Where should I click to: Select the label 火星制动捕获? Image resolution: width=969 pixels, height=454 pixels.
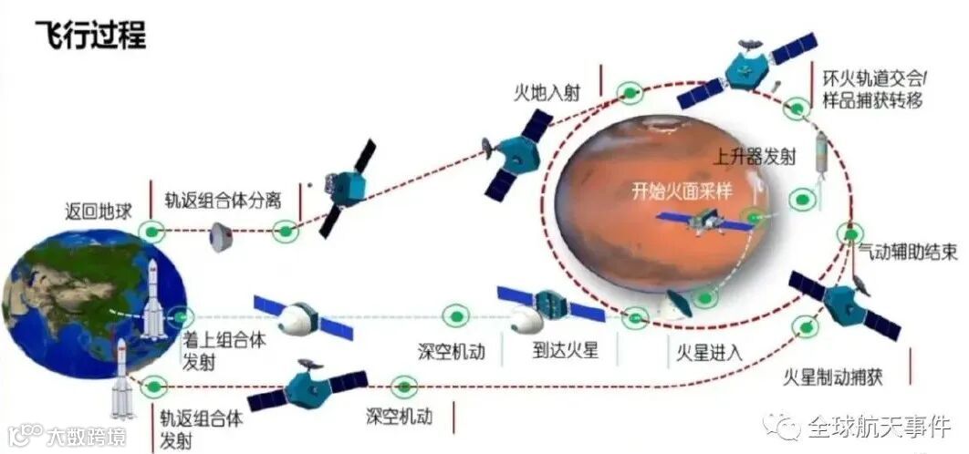pos(833,376)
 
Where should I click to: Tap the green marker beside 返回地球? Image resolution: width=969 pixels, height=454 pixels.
pos(152,232)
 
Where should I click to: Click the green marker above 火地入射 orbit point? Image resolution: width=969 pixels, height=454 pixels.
pos(628,92)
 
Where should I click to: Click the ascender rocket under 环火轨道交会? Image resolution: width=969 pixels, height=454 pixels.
pos(818,151)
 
